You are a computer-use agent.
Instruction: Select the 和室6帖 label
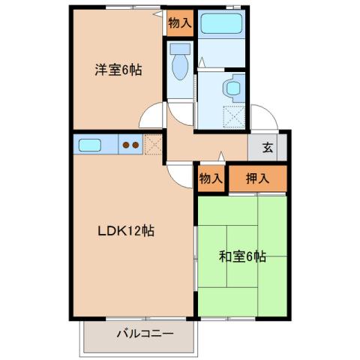pos(242,256)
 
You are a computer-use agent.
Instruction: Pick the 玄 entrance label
pos(267,147)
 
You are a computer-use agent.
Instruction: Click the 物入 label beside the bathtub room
pos(180,23)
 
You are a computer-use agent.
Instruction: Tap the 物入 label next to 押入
pos(210,179)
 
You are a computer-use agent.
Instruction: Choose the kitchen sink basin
pos(91,144)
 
